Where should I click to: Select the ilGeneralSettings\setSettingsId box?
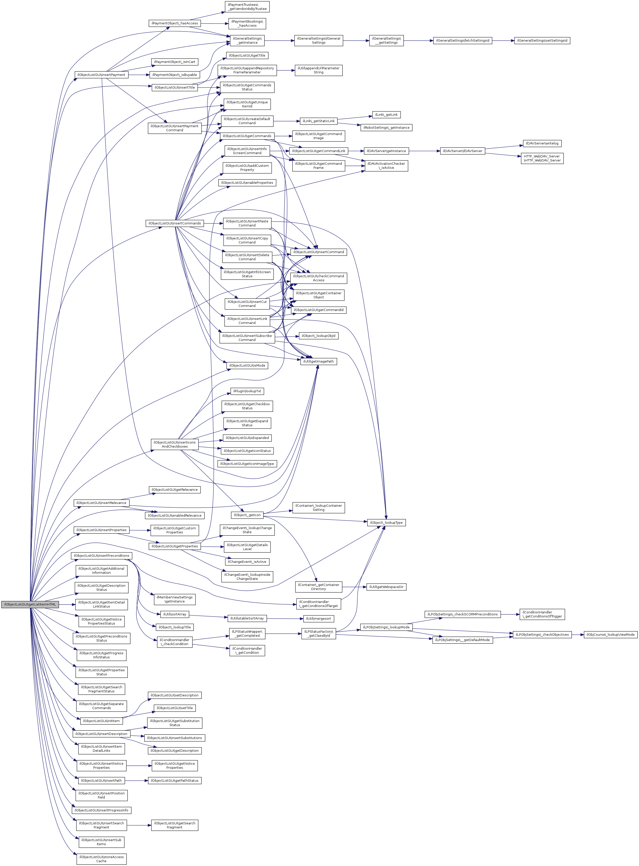point(542,41)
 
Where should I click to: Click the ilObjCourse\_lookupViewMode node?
point(610,634)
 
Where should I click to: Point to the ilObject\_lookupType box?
point(386,522)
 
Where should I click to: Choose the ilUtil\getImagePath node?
point(318,361)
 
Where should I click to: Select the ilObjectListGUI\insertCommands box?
point(175,223)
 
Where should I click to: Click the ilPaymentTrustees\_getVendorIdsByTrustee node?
point(247,7)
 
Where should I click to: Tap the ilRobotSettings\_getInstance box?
point(386,127)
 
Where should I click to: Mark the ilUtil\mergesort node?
point(318,619)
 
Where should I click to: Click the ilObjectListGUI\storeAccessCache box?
point(101,859)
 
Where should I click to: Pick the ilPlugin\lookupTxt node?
point(247,391)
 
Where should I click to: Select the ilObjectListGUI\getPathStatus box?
point(175,781)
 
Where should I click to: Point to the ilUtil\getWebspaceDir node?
point(386,587)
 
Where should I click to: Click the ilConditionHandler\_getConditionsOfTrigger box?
point(542,614)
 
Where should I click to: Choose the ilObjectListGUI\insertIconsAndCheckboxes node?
point(175,444)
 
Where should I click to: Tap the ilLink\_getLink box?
point(386,115)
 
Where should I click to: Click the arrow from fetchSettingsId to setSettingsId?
point(503,41)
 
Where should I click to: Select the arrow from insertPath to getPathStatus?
point(136,781)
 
